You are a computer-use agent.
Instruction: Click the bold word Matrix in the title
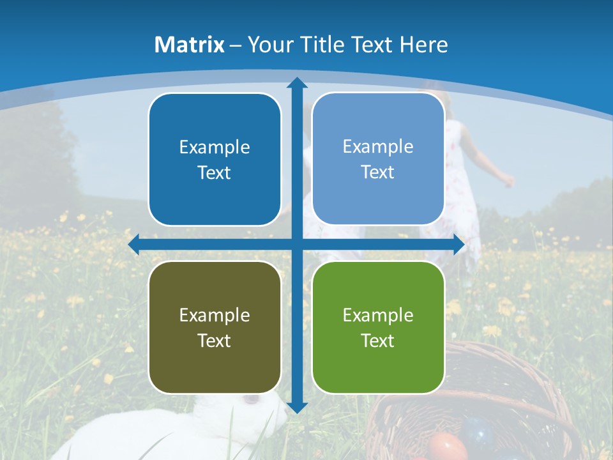(x=189, y=45)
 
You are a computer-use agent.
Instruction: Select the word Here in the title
(x=424, y=45)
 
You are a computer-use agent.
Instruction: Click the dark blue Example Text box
(x=215, y=160)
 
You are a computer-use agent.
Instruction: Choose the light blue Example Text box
(x=378, y=159)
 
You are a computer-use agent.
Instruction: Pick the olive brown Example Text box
(x=215, y=328)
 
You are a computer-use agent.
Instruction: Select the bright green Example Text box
(x=378, y=328)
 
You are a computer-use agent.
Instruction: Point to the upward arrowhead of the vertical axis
(x=297, y=82)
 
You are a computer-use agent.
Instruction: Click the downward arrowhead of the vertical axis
(x=297, y=406)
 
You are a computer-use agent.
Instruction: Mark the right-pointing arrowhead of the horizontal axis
(x=458, y=245)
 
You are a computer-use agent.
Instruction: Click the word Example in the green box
(x=378, y=315)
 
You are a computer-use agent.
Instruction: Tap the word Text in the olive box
(x=215, y=341)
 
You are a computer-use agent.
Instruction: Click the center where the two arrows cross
(x=297, y=245)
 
